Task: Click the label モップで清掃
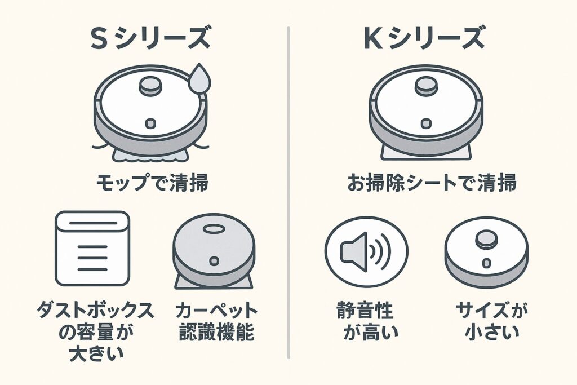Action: point(150,183)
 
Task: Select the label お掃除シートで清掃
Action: point(427,183)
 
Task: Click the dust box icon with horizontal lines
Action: point(92,249)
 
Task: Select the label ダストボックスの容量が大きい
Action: point(92,333)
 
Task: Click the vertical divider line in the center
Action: point(288,192)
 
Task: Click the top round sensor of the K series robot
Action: point(427,86)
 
